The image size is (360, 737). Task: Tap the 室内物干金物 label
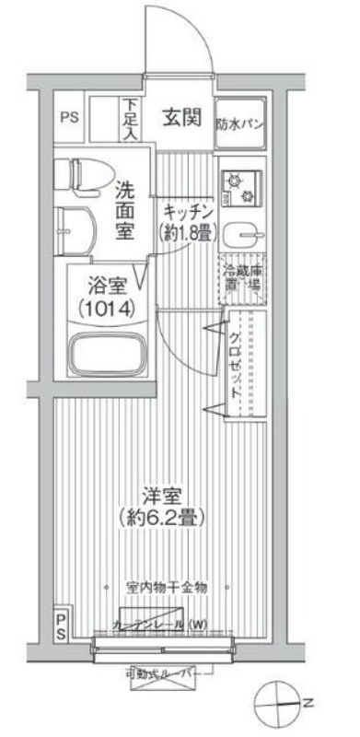[167, 586]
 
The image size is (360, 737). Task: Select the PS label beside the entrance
[69, 118]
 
